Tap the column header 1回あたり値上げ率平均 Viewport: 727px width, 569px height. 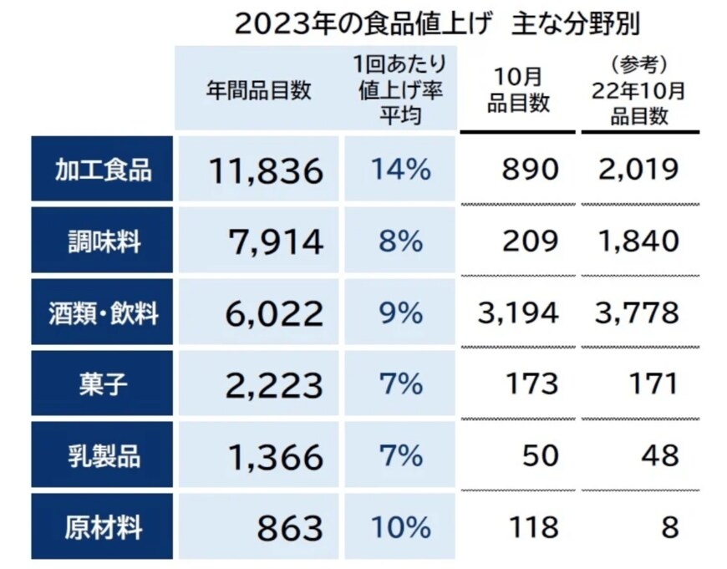399,89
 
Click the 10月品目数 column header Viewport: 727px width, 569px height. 518,90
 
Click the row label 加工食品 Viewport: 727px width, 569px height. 103,170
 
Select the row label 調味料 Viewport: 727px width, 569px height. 103,242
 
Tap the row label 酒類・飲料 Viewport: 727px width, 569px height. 103,314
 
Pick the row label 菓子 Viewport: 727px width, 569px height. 103,384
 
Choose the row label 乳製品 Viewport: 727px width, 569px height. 103,457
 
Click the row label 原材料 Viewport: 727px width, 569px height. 103,528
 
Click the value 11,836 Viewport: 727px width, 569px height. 265,171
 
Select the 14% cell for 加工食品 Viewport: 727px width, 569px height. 399,171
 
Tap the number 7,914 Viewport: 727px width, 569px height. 275,242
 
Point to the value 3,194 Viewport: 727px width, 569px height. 518,314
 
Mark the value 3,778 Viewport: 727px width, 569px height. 638,314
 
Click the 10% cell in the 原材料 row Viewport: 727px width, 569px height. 399,528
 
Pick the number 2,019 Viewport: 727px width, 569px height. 638,171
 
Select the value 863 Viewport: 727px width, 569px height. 288,529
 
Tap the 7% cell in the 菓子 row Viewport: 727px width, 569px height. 399,385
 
